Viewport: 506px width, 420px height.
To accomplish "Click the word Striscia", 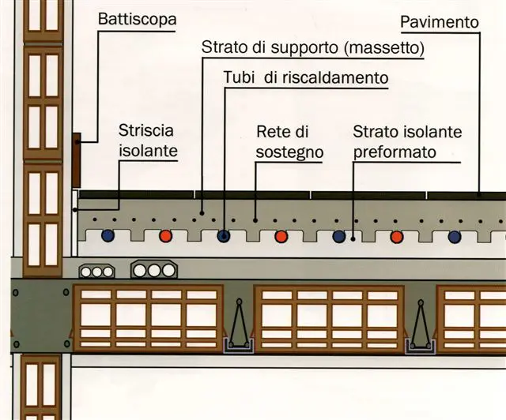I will coord(145,129).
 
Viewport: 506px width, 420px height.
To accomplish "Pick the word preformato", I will coord(394,150).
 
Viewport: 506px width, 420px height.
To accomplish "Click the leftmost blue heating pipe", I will coord(108,235).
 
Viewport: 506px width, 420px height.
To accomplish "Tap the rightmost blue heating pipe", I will coord(455,235).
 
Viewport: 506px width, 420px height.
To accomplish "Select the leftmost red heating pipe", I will coord(165,235).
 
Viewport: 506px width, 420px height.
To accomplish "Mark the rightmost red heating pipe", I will coord(397,235).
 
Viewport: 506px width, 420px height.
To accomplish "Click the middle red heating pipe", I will coord(281,235).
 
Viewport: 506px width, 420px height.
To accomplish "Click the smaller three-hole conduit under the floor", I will coord(96,271).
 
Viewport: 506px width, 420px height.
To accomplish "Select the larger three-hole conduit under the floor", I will coord(153,270).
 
